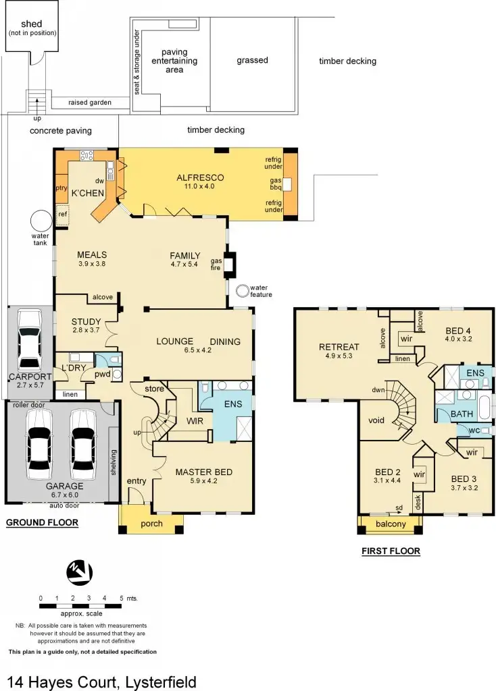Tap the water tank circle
click(x=41, y=221)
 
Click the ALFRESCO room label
click(x=200, y=178)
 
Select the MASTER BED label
click(x=203, y=472)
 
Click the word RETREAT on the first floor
click(x=339, y=348)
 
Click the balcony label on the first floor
click(x=391, y=524)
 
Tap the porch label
click(x=151, y=524)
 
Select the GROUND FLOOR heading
click(x=42, y=522)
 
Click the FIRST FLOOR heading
click(x=391, y=551)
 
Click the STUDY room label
click(x=86, y=321)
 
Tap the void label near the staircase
click(x=376, y=420)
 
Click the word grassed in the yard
click(x=252, y=60)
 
